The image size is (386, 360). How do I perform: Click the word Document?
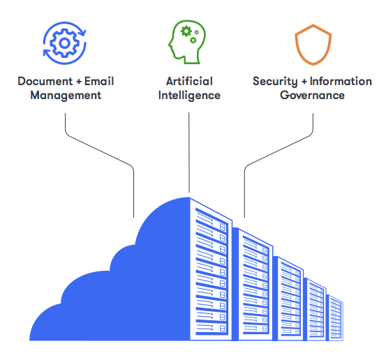point(45,81)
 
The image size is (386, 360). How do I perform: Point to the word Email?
point(99,81)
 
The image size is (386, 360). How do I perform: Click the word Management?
point(66,96)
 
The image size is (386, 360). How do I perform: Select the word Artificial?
point(189,81)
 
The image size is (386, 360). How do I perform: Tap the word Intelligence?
point(189,96)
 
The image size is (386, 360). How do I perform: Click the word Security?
point(275,82)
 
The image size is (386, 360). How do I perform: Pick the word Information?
point(341,81)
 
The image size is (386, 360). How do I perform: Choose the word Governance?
point(312,95)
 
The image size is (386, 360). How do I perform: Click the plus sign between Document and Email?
point(79,82)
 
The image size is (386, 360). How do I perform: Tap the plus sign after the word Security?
point(304,82)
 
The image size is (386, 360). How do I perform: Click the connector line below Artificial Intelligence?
point(189,153)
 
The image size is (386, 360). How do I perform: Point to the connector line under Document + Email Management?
point(99,150)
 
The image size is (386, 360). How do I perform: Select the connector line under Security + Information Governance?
point(279,150)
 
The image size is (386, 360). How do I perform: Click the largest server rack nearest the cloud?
point(211,269)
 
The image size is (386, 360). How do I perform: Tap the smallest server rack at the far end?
point(335,318)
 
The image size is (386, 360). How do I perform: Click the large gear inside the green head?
point(186,31)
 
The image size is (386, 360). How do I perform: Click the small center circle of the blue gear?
point(65,43)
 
